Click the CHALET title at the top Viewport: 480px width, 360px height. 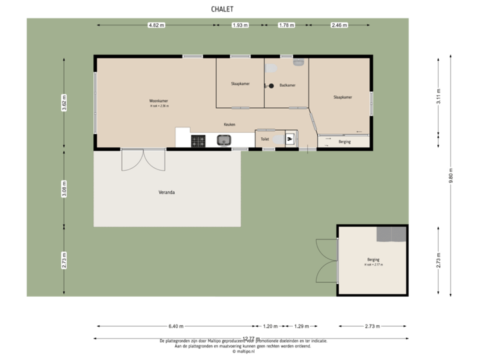[222, 9]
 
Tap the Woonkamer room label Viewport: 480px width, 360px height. [159, 101]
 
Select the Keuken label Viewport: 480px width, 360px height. [230, 124]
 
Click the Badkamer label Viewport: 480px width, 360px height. [288, 85]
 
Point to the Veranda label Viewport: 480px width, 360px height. [167, 192]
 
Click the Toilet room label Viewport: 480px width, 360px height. [265, 139]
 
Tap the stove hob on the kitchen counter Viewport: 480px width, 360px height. [199, 141]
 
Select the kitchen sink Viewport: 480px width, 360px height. [223, 140]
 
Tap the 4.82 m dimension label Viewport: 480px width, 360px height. [157, 25]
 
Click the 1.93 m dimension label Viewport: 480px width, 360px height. [239, 25]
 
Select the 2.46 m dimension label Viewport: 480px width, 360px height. [339, 25]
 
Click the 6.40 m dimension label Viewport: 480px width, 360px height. [175, 326]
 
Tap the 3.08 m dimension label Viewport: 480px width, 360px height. [64, 185]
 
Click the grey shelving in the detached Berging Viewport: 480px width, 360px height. [391, 234]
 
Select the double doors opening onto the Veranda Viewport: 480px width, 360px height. [143, 160]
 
